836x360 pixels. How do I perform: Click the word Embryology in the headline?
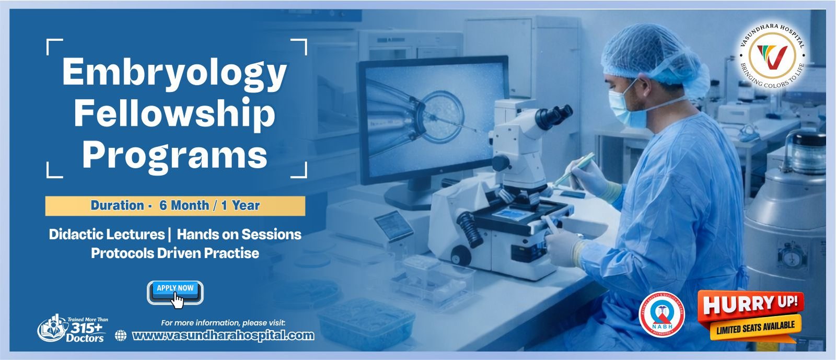tap(175, 73)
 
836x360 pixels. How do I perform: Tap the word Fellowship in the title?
tap(175, 114)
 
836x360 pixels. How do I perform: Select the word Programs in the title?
tap(175, 155)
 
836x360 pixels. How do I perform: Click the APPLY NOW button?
tap(175, 292)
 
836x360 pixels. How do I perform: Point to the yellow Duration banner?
tap(175, 205)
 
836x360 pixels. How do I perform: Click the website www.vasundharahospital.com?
tap(223, 335)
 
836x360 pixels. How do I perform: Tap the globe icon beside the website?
tap(121, 335)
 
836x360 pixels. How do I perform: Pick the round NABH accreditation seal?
tap(662, 313)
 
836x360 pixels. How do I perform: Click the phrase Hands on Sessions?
tap(239, 234)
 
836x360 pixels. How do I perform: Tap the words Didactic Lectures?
tap(107, 234)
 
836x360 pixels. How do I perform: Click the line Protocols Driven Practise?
tap(175, 253)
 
